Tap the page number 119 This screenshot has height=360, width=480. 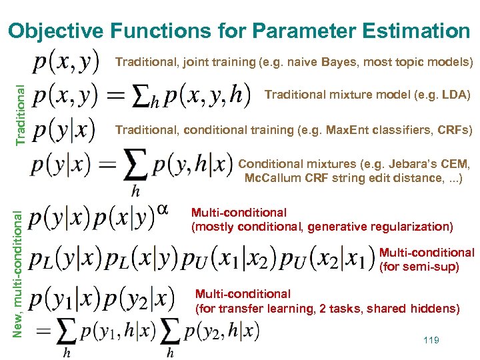pyautogui.click(x=431, y=340)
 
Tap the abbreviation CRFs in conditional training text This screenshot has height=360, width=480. pyautogui.click(x=454, y=129)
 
